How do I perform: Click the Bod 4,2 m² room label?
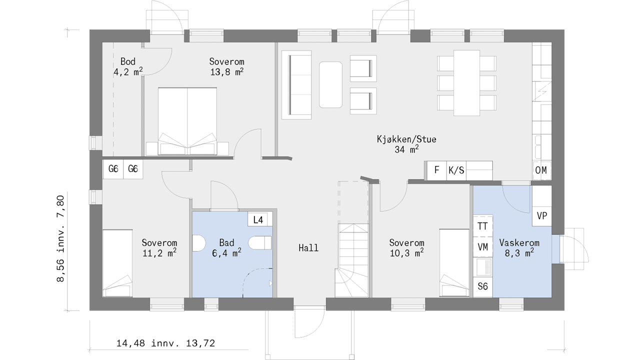pyautogui.click(x=128, y=67)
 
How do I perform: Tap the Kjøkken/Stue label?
pyautogui.click(x=406, y=139)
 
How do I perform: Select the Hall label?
pyautogui.click(x=308, y=247)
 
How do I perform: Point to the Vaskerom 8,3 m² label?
pyautogui.click(x=519, y=247)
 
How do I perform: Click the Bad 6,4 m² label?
pyautogui.click(x=226, y=247)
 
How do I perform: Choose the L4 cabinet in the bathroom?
pyautogui.click(x=258, y=219)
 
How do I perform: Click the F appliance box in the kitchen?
pyautogui.click(x=436, y=170)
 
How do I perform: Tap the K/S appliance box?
pyautogui.click(x=456, y=170)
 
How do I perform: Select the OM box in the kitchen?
pyautogui.click(x=541, y=170)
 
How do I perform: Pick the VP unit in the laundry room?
pyautogui.click(x=542, y=216)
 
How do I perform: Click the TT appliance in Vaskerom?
pyautogui.click(x=483, y=226)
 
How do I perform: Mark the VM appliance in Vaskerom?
pyautogui.click(x=483, y=247)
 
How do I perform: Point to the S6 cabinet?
pyautogui.click(x=483, y=286)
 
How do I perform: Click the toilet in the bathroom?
pyautogui.click(x=259, y=243)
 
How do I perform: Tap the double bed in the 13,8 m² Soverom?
pyautogui.click(x=187, y=121)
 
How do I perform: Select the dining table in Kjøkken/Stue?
pyautogui.click(x=466, y=83)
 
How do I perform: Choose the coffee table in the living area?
pyautogui.click(x=330, y=84)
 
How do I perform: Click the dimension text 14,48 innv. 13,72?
pyautogui.click(x=165, y=343)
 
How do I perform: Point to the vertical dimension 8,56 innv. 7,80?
pyautogui.click(x=61, y=238)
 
